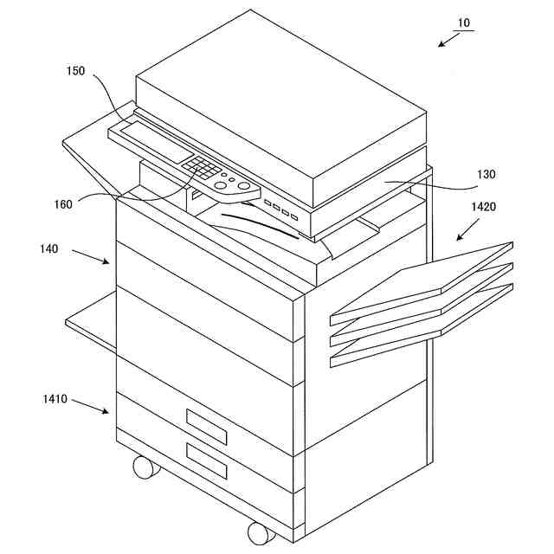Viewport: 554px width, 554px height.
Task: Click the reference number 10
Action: [464, 24]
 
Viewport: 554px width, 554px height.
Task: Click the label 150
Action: [75, 72]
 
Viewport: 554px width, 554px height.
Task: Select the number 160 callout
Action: [63, 205]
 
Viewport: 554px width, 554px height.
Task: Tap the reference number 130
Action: [486, 174]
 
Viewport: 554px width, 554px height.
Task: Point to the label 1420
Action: [485, 207]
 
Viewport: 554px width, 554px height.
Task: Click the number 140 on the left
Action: [48, 248]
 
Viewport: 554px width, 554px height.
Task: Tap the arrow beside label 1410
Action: [91, 407]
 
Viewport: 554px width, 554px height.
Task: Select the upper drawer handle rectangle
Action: [206, 424]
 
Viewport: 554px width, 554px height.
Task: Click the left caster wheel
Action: [145, 467]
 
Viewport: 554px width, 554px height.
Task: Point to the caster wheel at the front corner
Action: [260, 531]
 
